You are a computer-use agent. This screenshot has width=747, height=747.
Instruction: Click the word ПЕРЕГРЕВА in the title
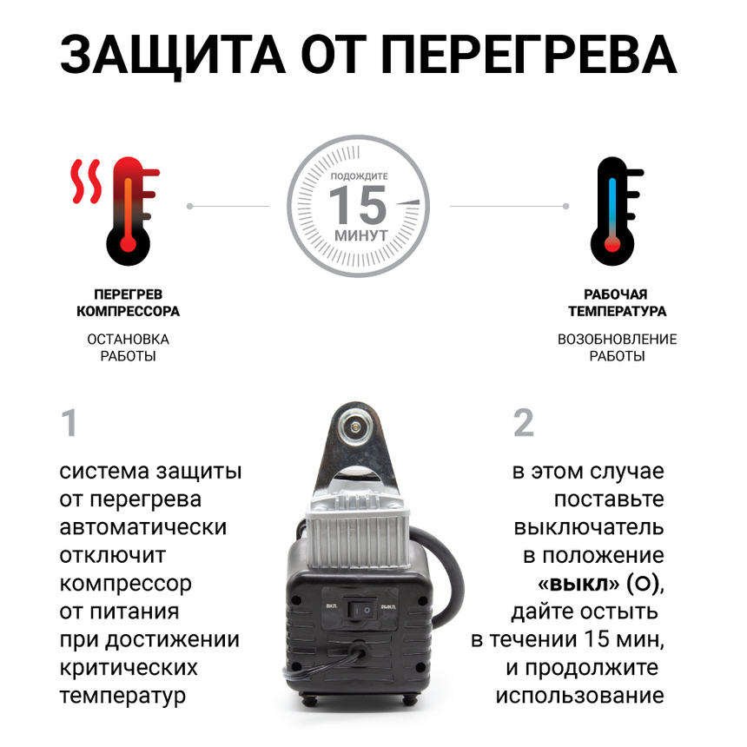[x=528, y=56]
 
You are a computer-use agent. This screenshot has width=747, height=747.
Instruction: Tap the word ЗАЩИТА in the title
[x=171, y=56]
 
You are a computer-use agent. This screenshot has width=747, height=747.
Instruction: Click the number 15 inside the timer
[x=357, y=206]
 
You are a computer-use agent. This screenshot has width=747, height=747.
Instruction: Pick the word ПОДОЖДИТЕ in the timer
[x=359, y=175]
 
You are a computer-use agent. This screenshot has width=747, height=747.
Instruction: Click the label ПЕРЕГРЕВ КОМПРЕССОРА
[x=129, y=303]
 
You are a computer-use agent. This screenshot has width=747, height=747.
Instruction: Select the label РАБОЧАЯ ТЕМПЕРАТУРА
[x=617, y=303]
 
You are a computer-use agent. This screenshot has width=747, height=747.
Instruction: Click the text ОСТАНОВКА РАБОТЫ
[x=129, y=347]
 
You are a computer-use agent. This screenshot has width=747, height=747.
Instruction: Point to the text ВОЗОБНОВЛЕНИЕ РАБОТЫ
[x=617, y=347]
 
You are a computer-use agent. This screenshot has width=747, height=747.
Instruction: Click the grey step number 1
[x=69, y=425]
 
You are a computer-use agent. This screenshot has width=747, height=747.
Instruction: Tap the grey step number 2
[x=523, y=425]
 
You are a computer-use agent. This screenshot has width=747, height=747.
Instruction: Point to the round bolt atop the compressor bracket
[x=355, y=426]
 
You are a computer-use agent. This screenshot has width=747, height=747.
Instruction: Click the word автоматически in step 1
[x=143, y=528]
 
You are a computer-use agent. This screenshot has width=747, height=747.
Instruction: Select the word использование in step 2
[x=579, y=696]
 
